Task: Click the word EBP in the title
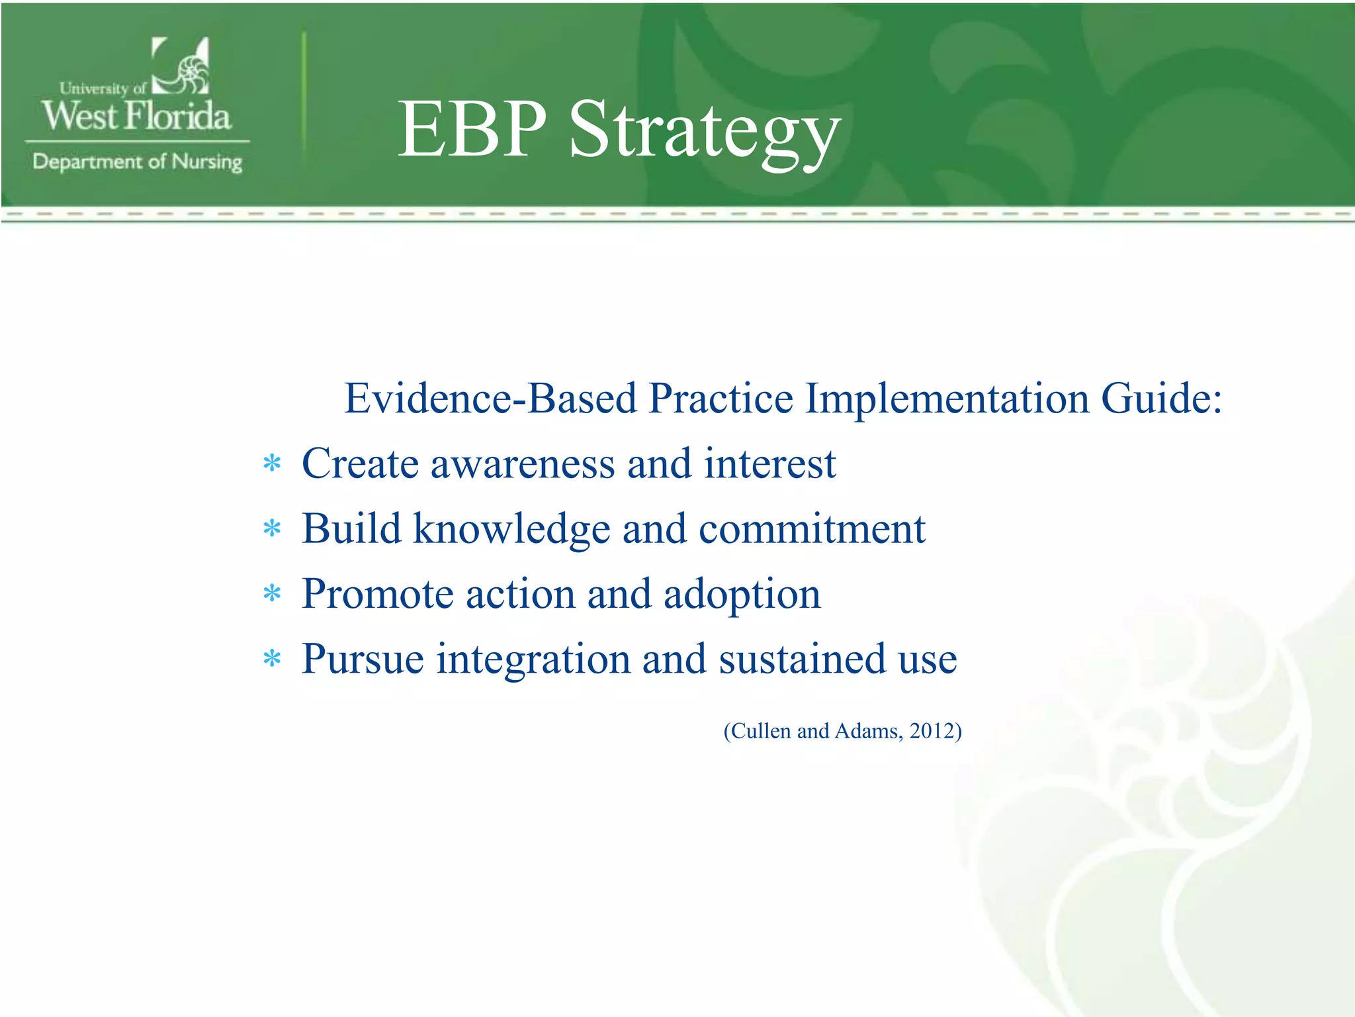coord(472,130)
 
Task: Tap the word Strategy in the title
coord(704,132)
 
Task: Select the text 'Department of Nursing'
coord(138,162)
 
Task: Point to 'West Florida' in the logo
coord(137,116)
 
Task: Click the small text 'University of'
coord(103,88)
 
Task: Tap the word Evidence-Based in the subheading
coord(490,399)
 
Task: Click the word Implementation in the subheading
coord(947,399)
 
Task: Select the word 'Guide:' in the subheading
coord(1161,399)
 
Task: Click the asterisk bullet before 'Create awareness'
coord(272,463)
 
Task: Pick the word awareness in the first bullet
coord(523,463)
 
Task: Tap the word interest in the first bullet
coord(769,463)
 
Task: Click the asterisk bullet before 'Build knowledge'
coord(272,528)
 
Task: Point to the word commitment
coord(812,528)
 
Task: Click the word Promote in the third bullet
coord(377,594)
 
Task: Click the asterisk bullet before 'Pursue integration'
coord(272,658)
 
